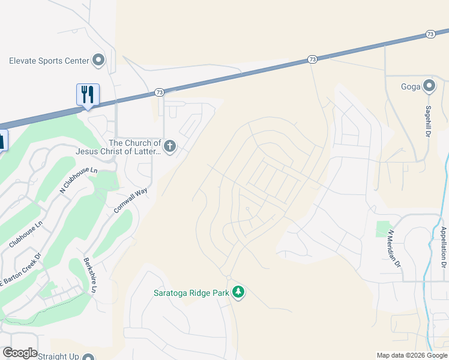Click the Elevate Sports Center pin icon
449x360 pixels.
(98, 60)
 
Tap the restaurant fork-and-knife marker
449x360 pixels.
(88, 94)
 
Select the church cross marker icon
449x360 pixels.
(170, 146)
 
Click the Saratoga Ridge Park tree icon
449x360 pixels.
(239, 292)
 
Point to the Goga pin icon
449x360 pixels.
(429, 86)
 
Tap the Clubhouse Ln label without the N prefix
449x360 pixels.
(26, 235)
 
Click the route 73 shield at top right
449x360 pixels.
(430, 34)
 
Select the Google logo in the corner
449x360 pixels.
(20, 353)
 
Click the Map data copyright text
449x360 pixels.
(412, 355)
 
